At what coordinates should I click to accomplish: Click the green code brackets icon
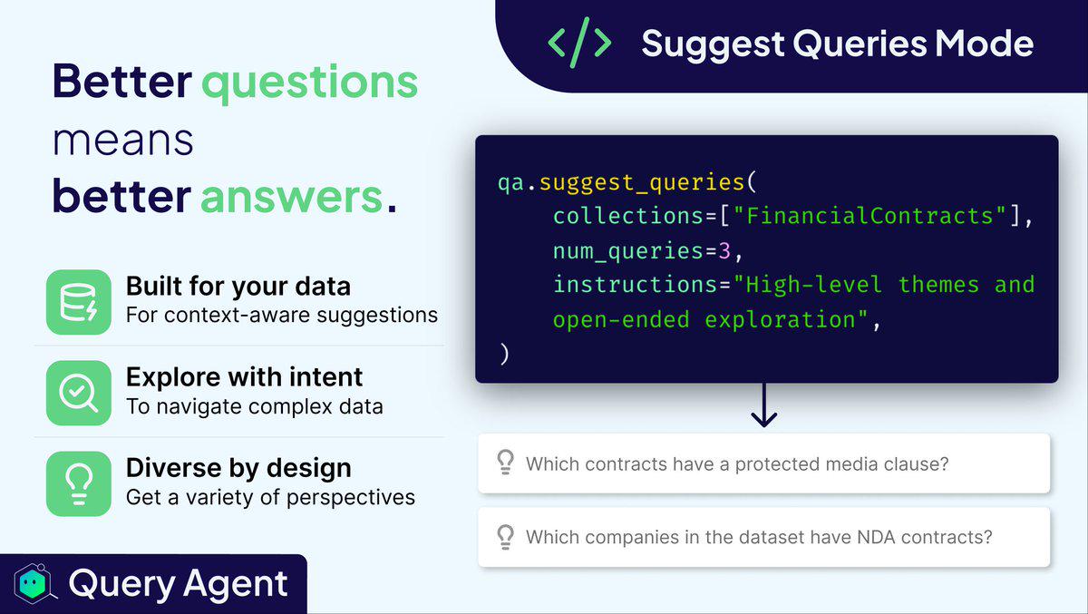tap(579, 43)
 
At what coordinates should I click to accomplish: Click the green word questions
tap(310, 83)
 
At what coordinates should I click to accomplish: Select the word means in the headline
tap(123, 141)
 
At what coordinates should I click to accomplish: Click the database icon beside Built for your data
tap(79, 302)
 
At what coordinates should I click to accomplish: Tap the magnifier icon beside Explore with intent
tap(79, 393)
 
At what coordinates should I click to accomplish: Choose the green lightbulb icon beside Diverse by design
tap(79, 483)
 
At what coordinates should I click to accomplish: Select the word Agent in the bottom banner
tap(236, 583)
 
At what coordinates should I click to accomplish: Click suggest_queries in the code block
tap(642, 183)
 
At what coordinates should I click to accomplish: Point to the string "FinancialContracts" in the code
tap(869, 216)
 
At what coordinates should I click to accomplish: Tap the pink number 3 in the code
tap(724, 251)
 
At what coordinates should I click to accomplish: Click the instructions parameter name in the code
tap(636, 285)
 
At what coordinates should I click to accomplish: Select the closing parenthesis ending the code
tap(505, 354)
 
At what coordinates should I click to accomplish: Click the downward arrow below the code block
tap(764, 405)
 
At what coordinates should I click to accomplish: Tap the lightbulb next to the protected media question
tap(506, 463)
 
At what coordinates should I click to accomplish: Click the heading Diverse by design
tap(238, 469)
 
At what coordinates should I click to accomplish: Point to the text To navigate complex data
tap(255, 406)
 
